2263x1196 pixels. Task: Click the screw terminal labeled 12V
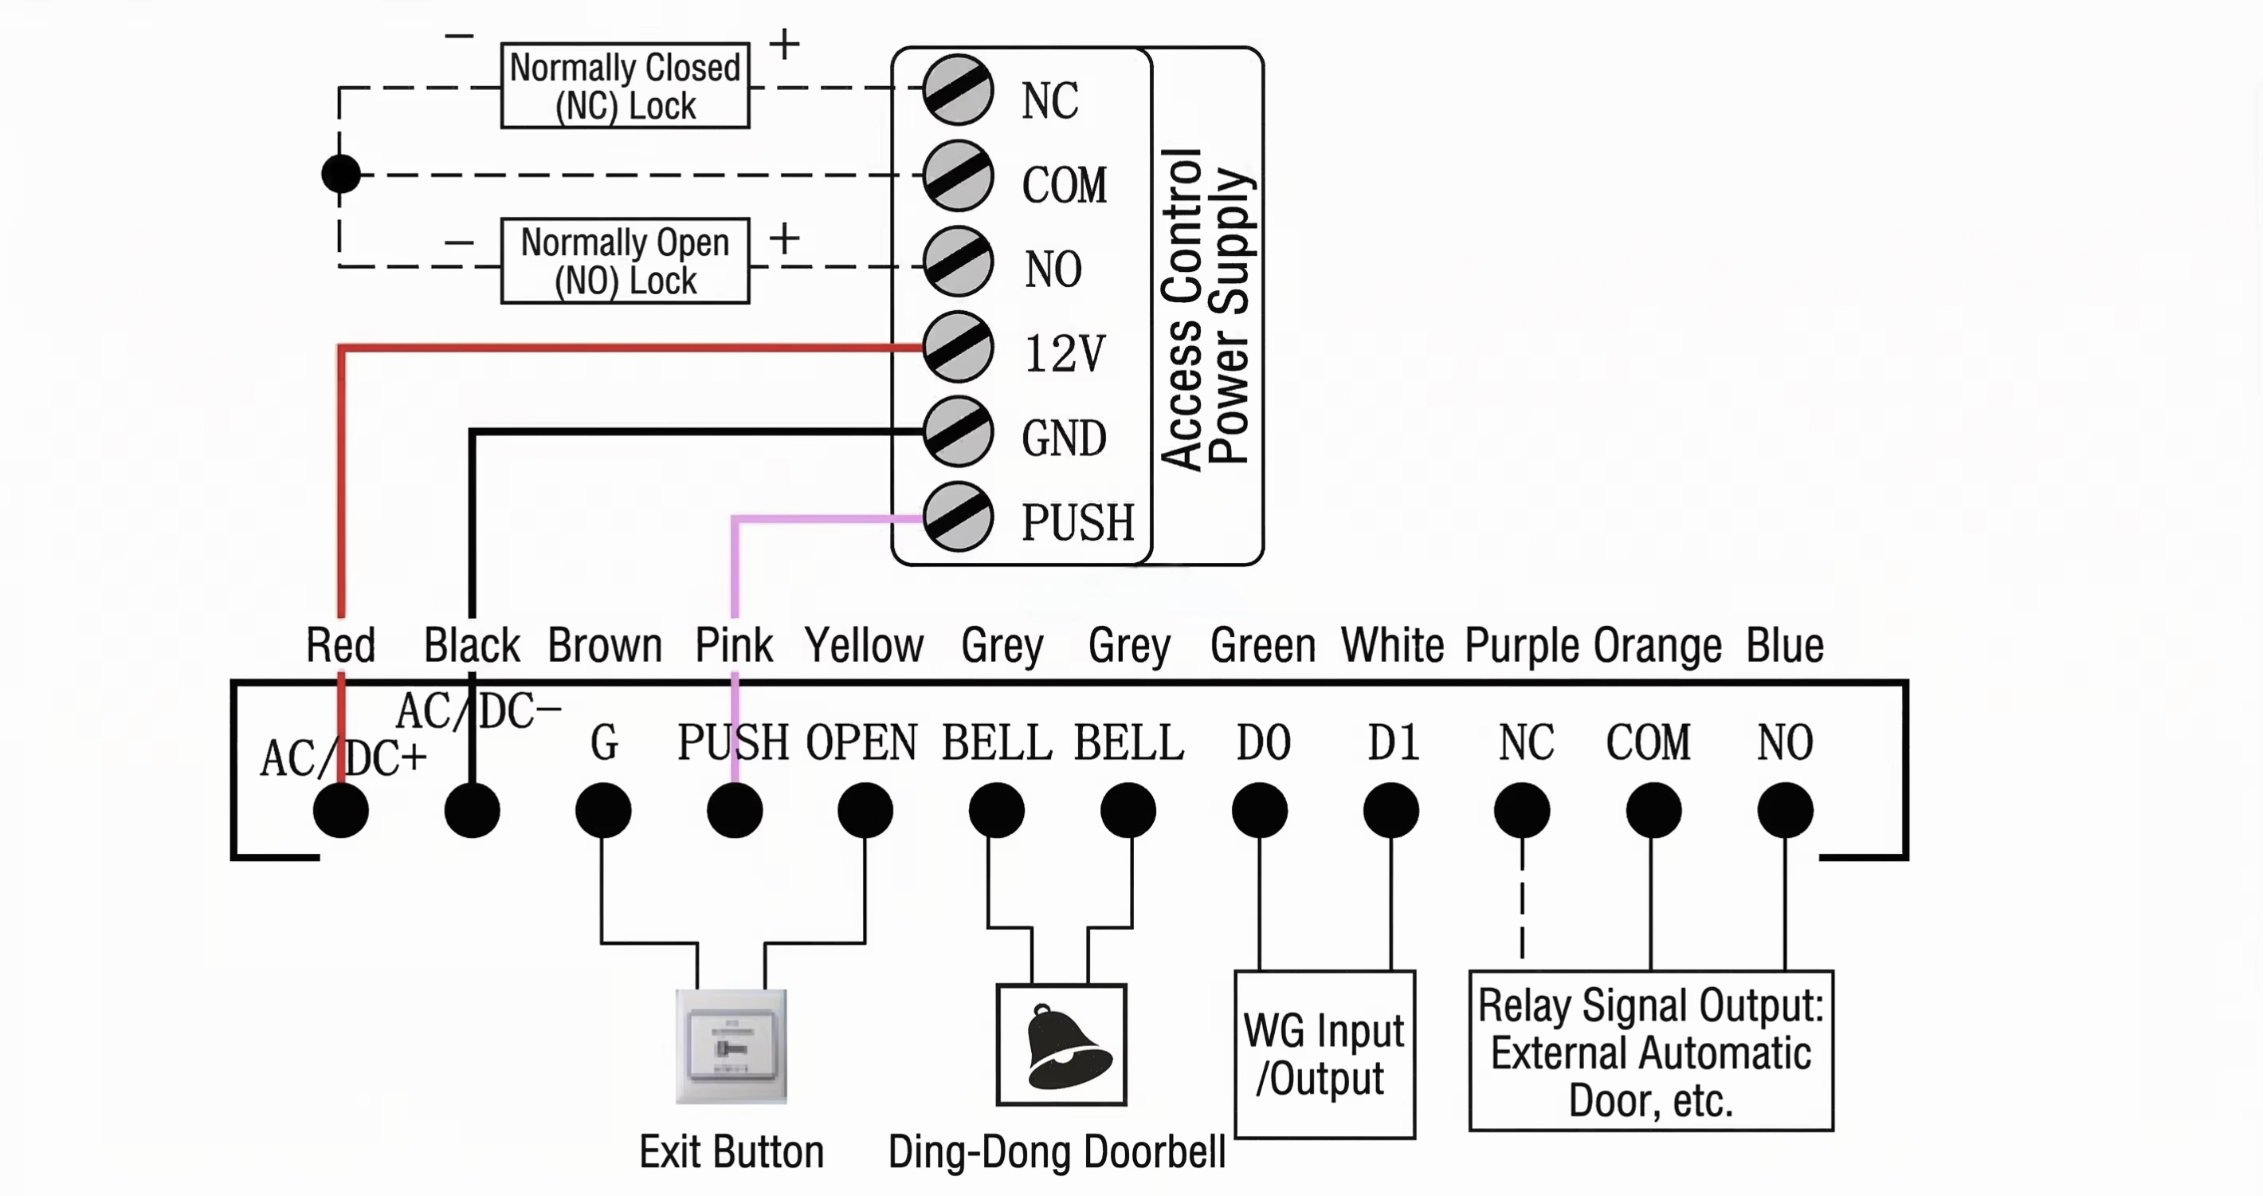tap(958, 347)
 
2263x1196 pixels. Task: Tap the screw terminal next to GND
tap(958, 432)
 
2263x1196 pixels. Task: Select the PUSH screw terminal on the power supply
tap(958, 517)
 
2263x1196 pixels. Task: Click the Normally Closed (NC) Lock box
tap(625, 86)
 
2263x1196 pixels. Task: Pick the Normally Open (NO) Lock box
tap(625, 261)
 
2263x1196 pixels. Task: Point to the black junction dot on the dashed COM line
tap(341, 174)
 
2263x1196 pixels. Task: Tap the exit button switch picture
tap(731, 1046)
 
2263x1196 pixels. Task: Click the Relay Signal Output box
tap(1651, 1050)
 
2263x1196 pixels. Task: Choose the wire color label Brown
tap(605, 645)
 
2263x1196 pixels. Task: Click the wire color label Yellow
tap(865, 645)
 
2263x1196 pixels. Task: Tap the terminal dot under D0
tap(1260, 810)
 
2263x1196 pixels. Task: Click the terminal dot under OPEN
tap(865, 810)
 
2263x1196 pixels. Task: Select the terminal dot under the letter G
tap(603, 810)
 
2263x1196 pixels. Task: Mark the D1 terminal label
tap(1392, 742)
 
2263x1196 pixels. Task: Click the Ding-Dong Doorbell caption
tap(1057, 1152)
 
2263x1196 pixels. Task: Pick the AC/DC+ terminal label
tap(343, 758)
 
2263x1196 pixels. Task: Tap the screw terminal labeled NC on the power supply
tap(958, 89)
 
